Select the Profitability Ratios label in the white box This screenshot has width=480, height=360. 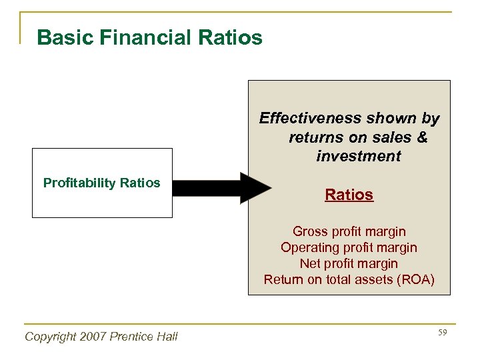101,183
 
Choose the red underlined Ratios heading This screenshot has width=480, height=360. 349,195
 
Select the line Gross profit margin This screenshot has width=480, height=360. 349,231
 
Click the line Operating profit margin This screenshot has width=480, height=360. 349,247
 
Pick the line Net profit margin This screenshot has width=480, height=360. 349,263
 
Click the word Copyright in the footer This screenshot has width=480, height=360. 49,337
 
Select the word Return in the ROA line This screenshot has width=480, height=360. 283,279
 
